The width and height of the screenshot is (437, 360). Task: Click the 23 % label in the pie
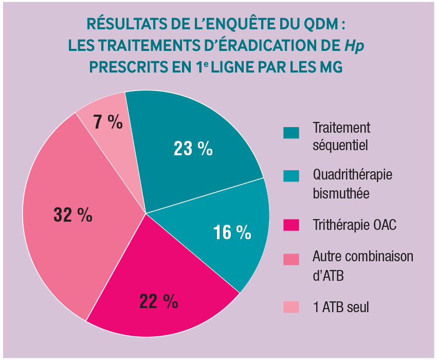[x=193, y=149]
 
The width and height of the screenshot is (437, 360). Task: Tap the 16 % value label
[x=232, y=232]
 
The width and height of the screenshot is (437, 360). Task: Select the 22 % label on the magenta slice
[x=158, y=301]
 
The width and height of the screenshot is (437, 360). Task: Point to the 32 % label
[x=73, y=214]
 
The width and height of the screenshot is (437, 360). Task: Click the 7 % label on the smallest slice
[x=108, y=122]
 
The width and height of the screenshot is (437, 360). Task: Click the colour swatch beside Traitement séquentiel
[x=291, y=133]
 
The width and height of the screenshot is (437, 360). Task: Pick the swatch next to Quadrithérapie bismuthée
[x=291, y=176]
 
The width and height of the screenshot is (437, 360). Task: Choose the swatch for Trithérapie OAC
[x=291, y=225]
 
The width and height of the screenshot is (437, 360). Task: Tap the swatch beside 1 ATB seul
[x=291, y=307]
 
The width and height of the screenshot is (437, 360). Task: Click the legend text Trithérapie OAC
[x=355, y=225]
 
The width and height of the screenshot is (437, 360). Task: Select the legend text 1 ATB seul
[x=341, y=307]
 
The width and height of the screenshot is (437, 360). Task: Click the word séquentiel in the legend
[x=340, y=145]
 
